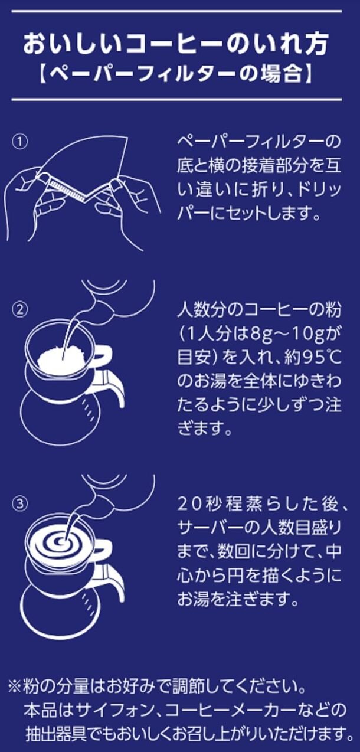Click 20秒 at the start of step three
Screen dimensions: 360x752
pyautogui.click(x=201, y=505)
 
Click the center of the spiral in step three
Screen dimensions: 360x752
pyautogui.click(x=60, y=541)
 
